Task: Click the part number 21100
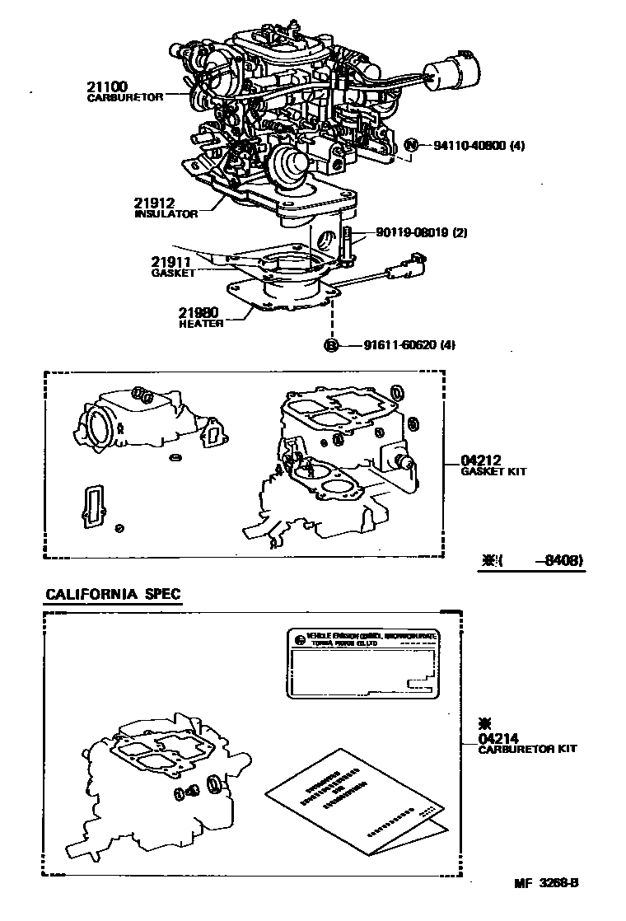pos(107,86)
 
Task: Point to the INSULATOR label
pos(166,214)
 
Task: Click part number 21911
pos(171,261)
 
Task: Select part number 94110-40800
pos(465,146)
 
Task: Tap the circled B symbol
pos(329,345)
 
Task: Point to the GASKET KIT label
pos(493,472)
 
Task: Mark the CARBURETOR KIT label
pos(528,749)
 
